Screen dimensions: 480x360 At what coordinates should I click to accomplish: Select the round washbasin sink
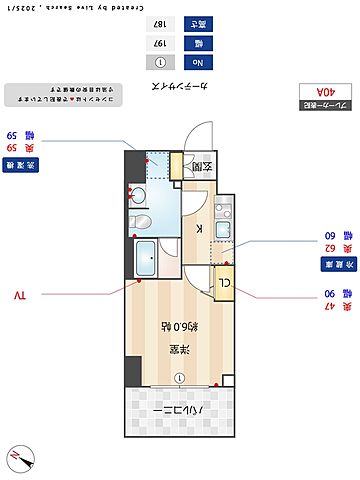(x=141, y=193)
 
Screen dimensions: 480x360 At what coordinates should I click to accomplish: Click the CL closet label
(x=224, y=281)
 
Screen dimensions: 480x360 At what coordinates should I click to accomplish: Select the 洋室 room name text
(x=179, y=349)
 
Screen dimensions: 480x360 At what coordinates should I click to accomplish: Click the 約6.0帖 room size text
(x=178, y=326)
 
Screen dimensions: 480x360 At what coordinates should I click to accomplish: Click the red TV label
(x=22, y=296)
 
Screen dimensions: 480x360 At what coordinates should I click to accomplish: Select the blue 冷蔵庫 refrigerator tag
(x=326, y=264)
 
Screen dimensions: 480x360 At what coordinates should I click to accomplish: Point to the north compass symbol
(x=21, y=460)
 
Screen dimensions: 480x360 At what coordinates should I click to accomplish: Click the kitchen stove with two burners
(x=223, y=211)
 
